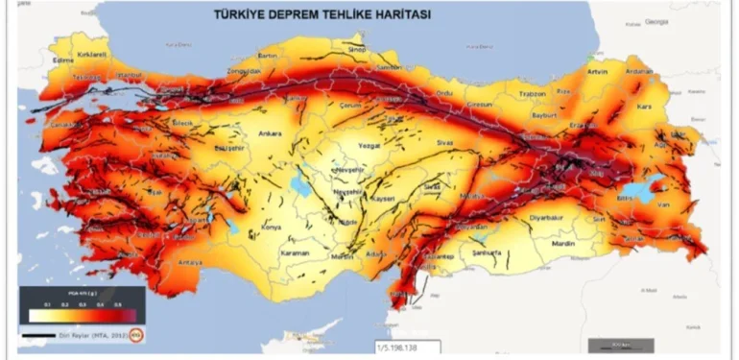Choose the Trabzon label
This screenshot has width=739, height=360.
pyautogui.click(x=532, y=93)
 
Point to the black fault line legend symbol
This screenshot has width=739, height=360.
pyautogui.click(x=38, y=336)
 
